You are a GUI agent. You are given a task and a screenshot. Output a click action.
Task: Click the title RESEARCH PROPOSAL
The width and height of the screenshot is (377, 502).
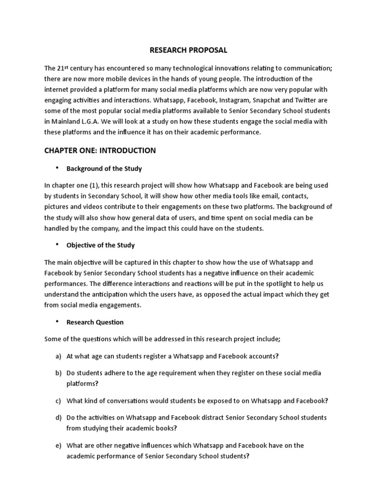point(188,50)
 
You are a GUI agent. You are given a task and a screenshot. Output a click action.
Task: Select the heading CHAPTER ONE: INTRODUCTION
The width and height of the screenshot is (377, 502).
point(100,151)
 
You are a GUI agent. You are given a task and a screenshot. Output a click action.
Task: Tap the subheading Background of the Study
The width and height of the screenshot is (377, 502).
point(104,169)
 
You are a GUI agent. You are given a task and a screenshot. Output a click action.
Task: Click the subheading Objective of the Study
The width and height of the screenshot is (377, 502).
point(100,245)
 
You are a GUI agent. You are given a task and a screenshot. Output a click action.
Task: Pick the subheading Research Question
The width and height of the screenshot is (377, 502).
point(95,322)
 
